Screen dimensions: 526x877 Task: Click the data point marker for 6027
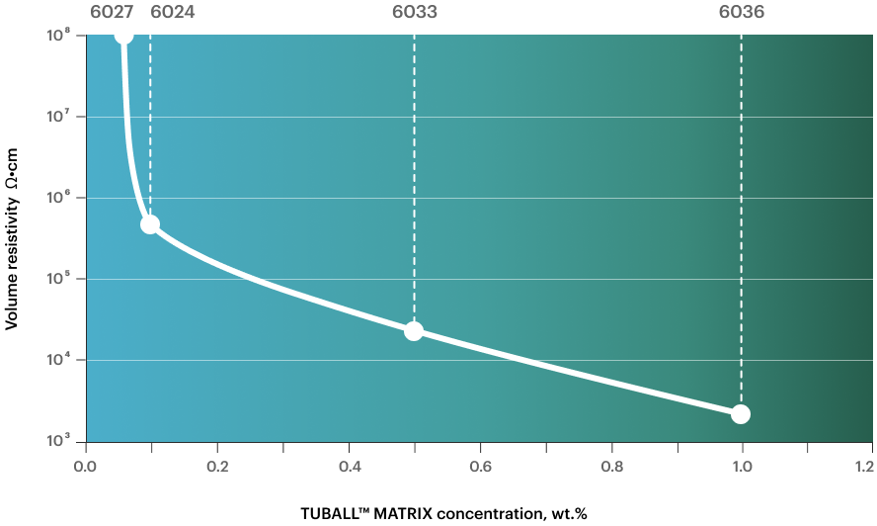123,36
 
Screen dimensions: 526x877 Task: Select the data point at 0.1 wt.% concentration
150,224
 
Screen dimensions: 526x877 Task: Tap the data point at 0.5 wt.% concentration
414,331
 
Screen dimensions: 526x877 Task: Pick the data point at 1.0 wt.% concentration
741,414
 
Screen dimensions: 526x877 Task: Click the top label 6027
112,13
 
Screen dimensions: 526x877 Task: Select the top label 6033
414,13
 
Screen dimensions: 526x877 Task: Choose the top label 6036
741,13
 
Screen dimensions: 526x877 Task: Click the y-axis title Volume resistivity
13,262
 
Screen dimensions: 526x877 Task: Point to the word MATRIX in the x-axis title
408,514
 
